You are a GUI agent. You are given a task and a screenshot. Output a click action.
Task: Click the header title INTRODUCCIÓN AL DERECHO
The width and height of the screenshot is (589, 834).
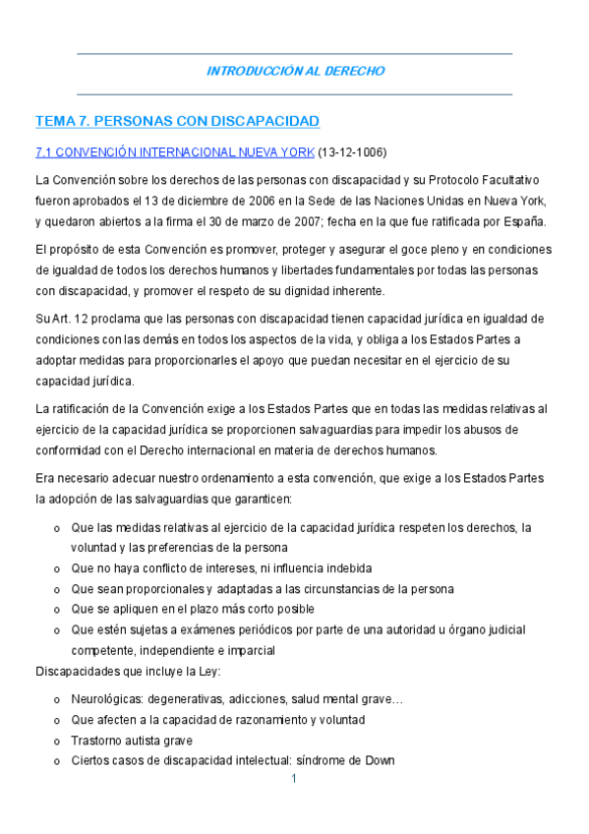click(295, 71)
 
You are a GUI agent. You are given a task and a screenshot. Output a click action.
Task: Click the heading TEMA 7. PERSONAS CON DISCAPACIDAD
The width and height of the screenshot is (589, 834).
click(178, 121)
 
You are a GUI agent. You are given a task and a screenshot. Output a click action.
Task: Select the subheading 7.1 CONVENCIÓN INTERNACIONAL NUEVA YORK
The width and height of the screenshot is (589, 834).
click(175, 152)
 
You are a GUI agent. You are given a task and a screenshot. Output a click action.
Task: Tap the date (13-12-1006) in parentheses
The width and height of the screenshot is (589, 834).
click(352, 152)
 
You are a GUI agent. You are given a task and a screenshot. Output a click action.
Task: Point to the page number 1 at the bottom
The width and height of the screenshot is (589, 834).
click(294, 780)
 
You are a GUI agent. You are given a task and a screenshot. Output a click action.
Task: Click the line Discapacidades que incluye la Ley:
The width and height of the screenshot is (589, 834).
click(129, 672)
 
